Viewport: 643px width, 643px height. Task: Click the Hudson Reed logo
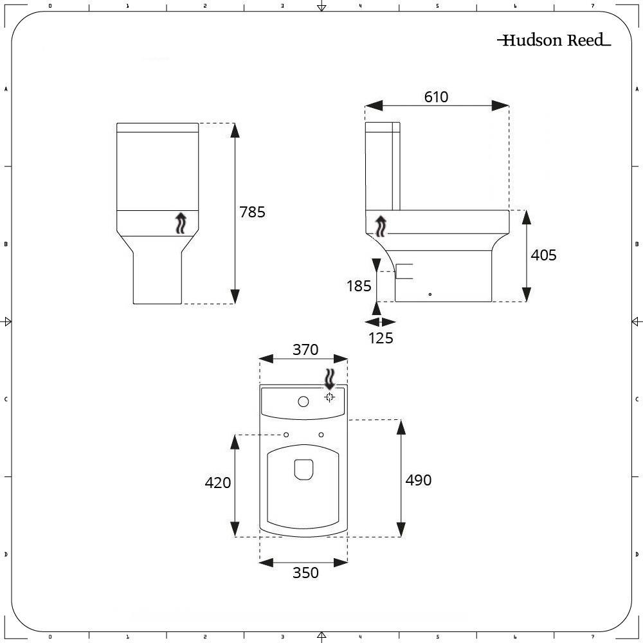(x=553, y=41)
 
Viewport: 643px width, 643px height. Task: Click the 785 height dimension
(x=252, y=212)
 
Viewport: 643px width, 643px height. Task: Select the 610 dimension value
(x=436, y=97)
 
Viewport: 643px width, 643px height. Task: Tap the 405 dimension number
(x=543, y=255)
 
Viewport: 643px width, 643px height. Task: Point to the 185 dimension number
(x=359, y=286)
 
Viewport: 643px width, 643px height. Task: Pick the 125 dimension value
(x=381, y=338)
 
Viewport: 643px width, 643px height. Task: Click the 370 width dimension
(x=305, y=350)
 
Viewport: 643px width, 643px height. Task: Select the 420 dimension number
(x=217, y=482)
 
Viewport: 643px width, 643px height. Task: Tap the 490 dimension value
(x=418, y=480)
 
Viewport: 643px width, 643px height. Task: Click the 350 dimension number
(x=305, y=572)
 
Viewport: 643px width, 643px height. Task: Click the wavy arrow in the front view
(x=181, y=224)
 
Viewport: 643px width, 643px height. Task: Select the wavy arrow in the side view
(x=381, y=225)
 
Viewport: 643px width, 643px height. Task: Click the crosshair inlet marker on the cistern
(x=329, y=397)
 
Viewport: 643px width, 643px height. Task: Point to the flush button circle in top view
(x=303, y=403)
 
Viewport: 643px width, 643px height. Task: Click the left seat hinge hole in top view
(x=286, y=435)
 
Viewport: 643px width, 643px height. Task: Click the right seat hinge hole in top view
(x=321, y=435)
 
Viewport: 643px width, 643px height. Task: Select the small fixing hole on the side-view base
(x=430, y=294)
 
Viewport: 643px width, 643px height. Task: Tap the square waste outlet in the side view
(x=404, y=271)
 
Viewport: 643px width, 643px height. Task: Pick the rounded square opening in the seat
(x=303, y=469)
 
